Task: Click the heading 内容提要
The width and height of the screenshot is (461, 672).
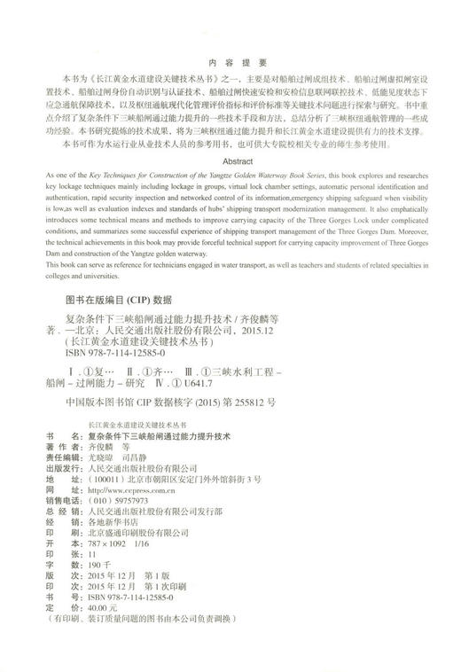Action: pyautogui.click(x=230, y=63)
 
